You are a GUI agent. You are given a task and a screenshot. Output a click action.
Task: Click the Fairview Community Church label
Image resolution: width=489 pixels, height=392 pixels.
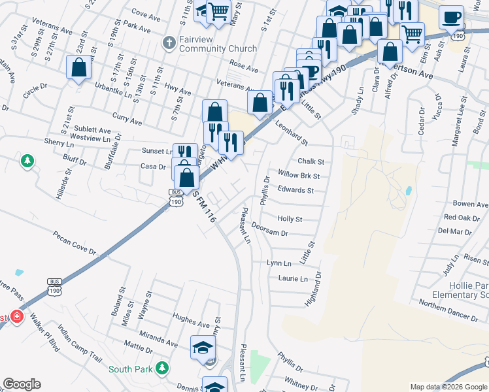pyautogui.click(x=209, y=44)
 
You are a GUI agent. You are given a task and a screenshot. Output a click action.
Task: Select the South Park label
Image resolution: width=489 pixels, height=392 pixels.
pyautogui.click(x=131, y=369)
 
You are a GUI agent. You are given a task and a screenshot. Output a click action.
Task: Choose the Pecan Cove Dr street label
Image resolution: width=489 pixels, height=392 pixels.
pyautogui.click(x=75, y=242)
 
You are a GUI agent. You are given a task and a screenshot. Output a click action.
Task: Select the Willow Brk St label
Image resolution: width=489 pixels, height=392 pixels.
pyautogui.click(x=298, y=176)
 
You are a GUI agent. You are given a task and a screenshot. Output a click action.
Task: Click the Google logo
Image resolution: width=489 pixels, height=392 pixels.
pyautogui.click(x=22, y=384)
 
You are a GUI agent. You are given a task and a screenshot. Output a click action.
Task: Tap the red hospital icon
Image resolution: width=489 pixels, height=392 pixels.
pyautogui.click(x=16, y=318)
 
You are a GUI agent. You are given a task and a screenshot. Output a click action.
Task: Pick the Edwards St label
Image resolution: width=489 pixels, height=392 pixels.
pyautogui.click(x=296, y=191)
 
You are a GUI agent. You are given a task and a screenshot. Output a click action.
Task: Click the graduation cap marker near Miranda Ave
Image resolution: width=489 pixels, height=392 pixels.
pyautogui.click(x=203, y=347)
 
